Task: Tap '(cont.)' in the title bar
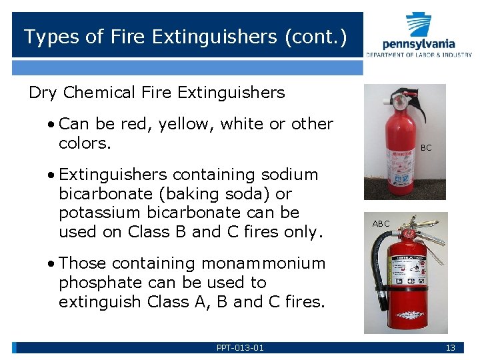click(x=315, y=37)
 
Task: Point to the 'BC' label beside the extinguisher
click(x=426, y=148)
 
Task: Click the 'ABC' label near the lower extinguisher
click(x=381, y=224)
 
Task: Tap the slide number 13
click(x=451, y=347)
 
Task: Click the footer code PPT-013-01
click(x=240, y=347)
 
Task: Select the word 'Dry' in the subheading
click(x=43, y=93)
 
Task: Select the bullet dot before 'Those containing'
click(x=51, y=264)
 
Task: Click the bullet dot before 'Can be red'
click(x=51, y=124)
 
